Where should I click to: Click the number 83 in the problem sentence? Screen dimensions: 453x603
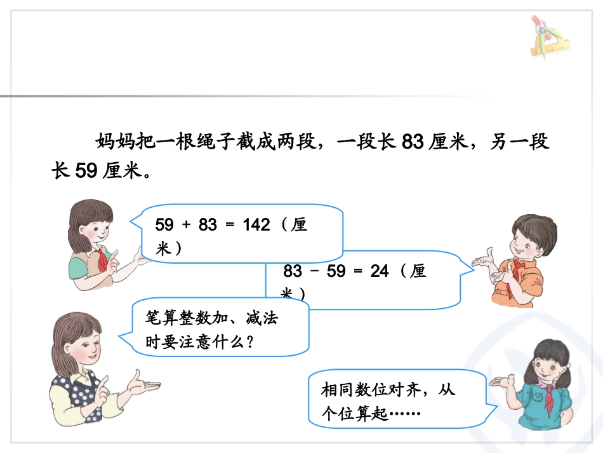413,142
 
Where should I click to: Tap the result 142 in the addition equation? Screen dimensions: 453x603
256,226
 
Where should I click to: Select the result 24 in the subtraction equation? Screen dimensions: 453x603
379,271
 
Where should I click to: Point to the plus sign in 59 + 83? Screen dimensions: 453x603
186,226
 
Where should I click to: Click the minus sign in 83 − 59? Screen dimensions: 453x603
314,271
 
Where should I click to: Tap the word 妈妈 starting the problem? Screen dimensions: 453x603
115,142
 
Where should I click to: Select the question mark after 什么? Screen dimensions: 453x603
249,342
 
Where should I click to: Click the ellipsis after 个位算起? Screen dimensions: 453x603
404,414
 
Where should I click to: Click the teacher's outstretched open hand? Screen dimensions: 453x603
142,382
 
